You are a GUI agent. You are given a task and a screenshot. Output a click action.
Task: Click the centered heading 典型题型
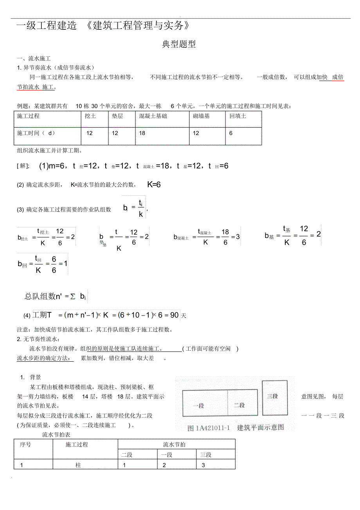179,45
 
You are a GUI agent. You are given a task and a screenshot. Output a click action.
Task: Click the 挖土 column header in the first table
90,116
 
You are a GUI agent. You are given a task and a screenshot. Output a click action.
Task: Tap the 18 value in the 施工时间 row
142,133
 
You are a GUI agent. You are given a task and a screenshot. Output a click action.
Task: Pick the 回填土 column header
238,116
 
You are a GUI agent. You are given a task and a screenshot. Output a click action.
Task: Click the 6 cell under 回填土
231,133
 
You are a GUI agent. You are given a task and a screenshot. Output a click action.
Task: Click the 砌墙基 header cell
201,116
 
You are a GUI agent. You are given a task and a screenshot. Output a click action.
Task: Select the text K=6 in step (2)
154,184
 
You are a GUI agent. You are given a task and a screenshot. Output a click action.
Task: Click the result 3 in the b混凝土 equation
238,237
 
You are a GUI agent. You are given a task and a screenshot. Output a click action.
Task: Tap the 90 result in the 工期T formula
175,315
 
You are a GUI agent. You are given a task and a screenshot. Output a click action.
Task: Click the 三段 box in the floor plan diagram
273,396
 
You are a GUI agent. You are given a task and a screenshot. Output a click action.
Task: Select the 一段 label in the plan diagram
198,405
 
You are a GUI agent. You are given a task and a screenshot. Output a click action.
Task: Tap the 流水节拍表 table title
56,434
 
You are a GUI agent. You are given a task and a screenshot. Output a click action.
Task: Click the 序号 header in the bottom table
25,445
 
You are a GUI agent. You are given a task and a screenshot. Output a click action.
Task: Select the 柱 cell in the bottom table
78,465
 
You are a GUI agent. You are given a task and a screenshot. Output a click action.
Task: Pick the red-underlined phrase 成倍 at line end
337,77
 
